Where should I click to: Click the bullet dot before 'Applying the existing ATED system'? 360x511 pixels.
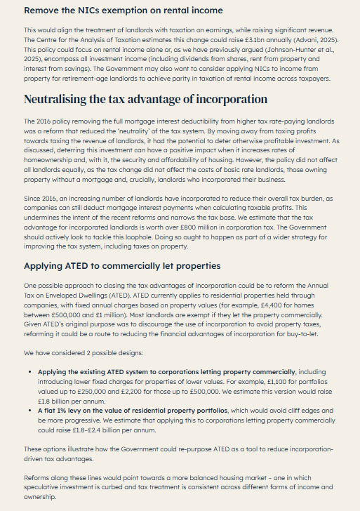coord(29,371)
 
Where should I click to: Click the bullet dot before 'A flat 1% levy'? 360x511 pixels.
coord(29,410)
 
